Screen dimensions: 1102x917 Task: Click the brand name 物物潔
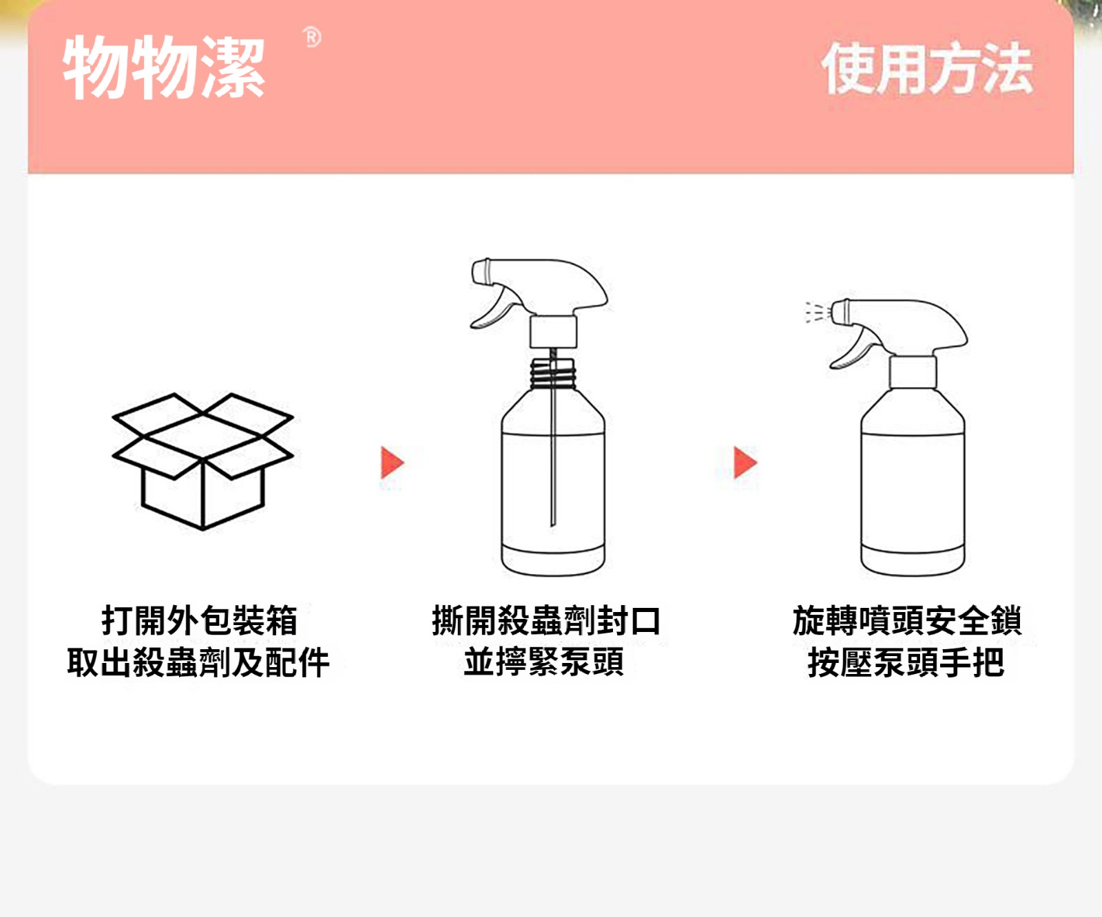164,67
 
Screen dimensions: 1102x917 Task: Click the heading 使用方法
927,68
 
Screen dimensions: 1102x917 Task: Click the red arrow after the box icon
392,463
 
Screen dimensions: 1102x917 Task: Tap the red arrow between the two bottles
745,463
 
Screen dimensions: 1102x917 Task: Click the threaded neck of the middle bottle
552,374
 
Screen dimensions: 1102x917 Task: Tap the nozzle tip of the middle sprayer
481,271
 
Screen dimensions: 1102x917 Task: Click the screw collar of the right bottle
913,372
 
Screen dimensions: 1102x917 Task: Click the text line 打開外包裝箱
200,620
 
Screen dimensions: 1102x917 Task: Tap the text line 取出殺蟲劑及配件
198,662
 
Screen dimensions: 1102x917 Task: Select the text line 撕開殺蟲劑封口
546,620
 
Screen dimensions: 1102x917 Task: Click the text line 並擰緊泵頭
544,662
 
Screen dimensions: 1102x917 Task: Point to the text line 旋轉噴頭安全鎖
907,620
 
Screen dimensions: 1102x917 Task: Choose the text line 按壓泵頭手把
906,662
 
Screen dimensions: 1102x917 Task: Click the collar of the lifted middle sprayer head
553,332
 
